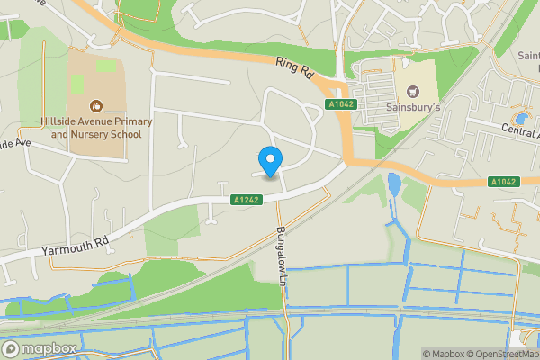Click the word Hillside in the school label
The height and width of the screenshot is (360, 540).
click(x=61, y=121)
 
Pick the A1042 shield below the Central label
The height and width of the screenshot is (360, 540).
click(x=504, y=182)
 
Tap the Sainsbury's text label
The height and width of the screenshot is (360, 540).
click(x=413, y=108)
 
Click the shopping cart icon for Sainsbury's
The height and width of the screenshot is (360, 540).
click(x=413, y=92)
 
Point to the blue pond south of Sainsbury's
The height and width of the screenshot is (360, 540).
click(x=394, y=185)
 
